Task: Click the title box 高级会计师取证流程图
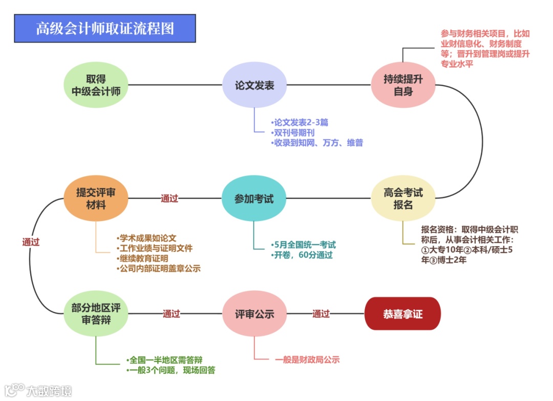pyautogui.click(x=105, y=28)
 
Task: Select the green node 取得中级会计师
pyautogui.click(x=96, y=85)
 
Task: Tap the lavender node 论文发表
pyautogui.click(x=254, y=85)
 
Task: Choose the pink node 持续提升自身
pyautogui.click(x=403, y=85)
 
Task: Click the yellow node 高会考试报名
pyautogui.click(x=403, y=199)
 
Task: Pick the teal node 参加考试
pyautogui.click(x=254, y=199)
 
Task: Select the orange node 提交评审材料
pyautogui.click(x=96, y=199)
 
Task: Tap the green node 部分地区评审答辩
pyautogui.click(x=96, y=314)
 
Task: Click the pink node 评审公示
pyautogui.click(x=254, y=314)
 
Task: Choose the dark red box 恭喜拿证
pyautogui.click(x=402, y=314)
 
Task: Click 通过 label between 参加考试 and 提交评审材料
pyautogui.click(x=169, y=198)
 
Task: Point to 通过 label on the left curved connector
pyautogui.click(x=31, y=242)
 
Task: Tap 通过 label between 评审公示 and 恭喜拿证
pyautogui.click(x=321, y=314)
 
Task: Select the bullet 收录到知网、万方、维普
pyautogui.click(x=317, y=143)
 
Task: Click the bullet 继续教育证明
pyautogui.click(x=143, y=258)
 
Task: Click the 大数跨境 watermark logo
pyautogui.click(x=38, y=390)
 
